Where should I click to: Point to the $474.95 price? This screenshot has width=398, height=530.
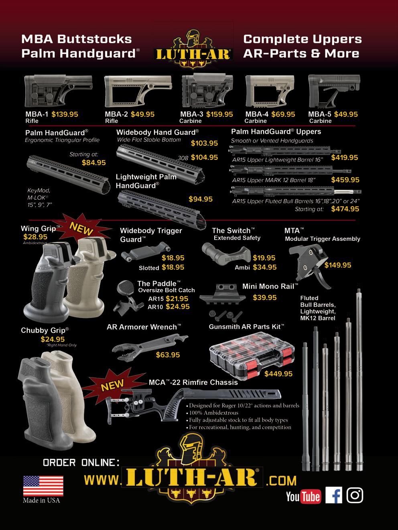pos(345,209)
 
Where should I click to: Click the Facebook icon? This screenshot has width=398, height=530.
pos(333,495)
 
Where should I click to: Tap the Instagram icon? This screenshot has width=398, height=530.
pos(355,495)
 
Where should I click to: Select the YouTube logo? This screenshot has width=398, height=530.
pos(303,497)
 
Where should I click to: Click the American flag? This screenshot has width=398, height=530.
pos(43,486)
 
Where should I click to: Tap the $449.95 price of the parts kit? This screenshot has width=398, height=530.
pos(278,374)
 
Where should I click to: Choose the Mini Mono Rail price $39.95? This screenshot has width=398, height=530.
pos(265,298)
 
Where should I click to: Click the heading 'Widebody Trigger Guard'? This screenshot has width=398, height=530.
pos(151,235)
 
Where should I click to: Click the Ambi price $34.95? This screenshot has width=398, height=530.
pos(264,267)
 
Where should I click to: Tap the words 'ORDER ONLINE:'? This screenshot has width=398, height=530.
pos(81,463)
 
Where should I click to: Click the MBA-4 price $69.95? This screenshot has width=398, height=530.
pos(283,114)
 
